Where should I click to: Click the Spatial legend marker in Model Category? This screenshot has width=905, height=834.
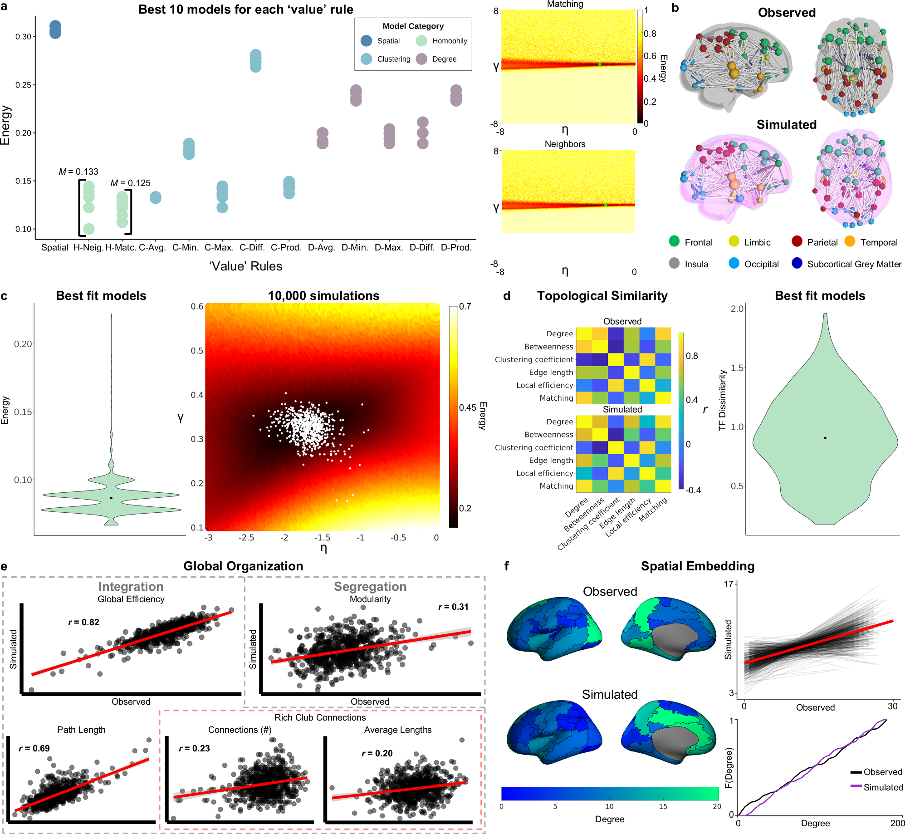pos(366,41)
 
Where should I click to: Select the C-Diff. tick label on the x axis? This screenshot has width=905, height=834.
pos(252,248)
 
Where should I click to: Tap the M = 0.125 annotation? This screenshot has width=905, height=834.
pos(130,183)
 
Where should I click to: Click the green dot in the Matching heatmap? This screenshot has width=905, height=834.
pos(600,64)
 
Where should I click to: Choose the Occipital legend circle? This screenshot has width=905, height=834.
pos(734,264)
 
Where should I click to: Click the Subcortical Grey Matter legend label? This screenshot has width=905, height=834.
pos(854,264)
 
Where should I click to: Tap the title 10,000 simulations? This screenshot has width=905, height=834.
pos(323,296)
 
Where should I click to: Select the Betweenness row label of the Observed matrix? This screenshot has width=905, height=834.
pos(548,347)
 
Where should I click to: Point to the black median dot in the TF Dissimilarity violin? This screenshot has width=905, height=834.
pos(825,438)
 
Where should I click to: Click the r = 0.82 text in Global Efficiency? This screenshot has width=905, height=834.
pos(83,622)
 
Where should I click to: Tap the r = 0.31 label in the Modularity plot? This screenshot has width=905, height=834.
pos(453,607)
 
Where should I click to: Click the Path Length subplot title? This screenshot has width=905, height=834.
pos(81,730)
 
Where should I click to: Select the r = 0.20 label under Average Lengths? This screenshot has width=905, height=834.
pos(377,753)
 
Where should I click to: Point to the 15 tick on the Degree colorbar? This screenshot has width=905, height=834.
pos(663,806)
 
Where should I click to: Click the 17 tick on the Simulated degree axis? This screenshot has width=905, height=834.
pos(729,584)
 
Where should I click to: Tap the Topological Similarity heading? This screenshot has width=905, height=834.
pos(602,296)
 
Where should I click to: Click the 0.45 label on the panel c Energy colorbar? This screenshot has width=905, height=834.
pos(468,407)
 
